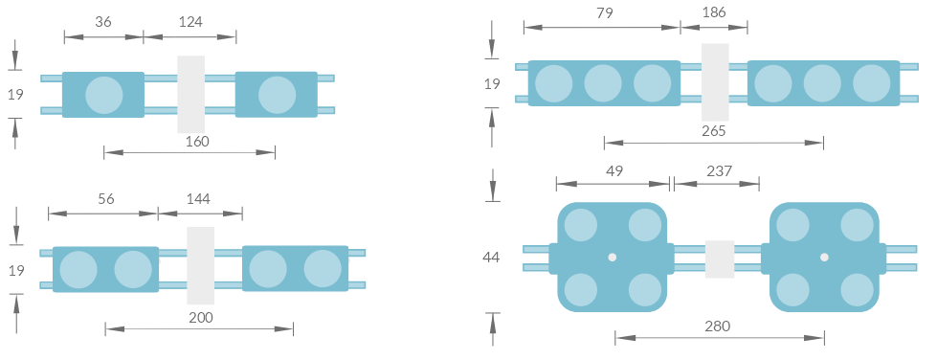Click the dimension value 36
click(103, 21)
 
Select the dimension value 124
click(190, 22)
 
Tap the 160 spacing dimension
click(197, 141)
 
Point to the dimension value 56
click(106, 198)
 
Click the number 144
click(198, 198)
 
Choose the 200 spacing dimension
click(201, 317)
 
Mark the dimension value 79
click(605, 12)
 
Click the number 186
click(714, 11)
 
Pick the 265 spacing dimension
click(714, 131)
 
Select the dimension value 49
click(614, 171)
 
